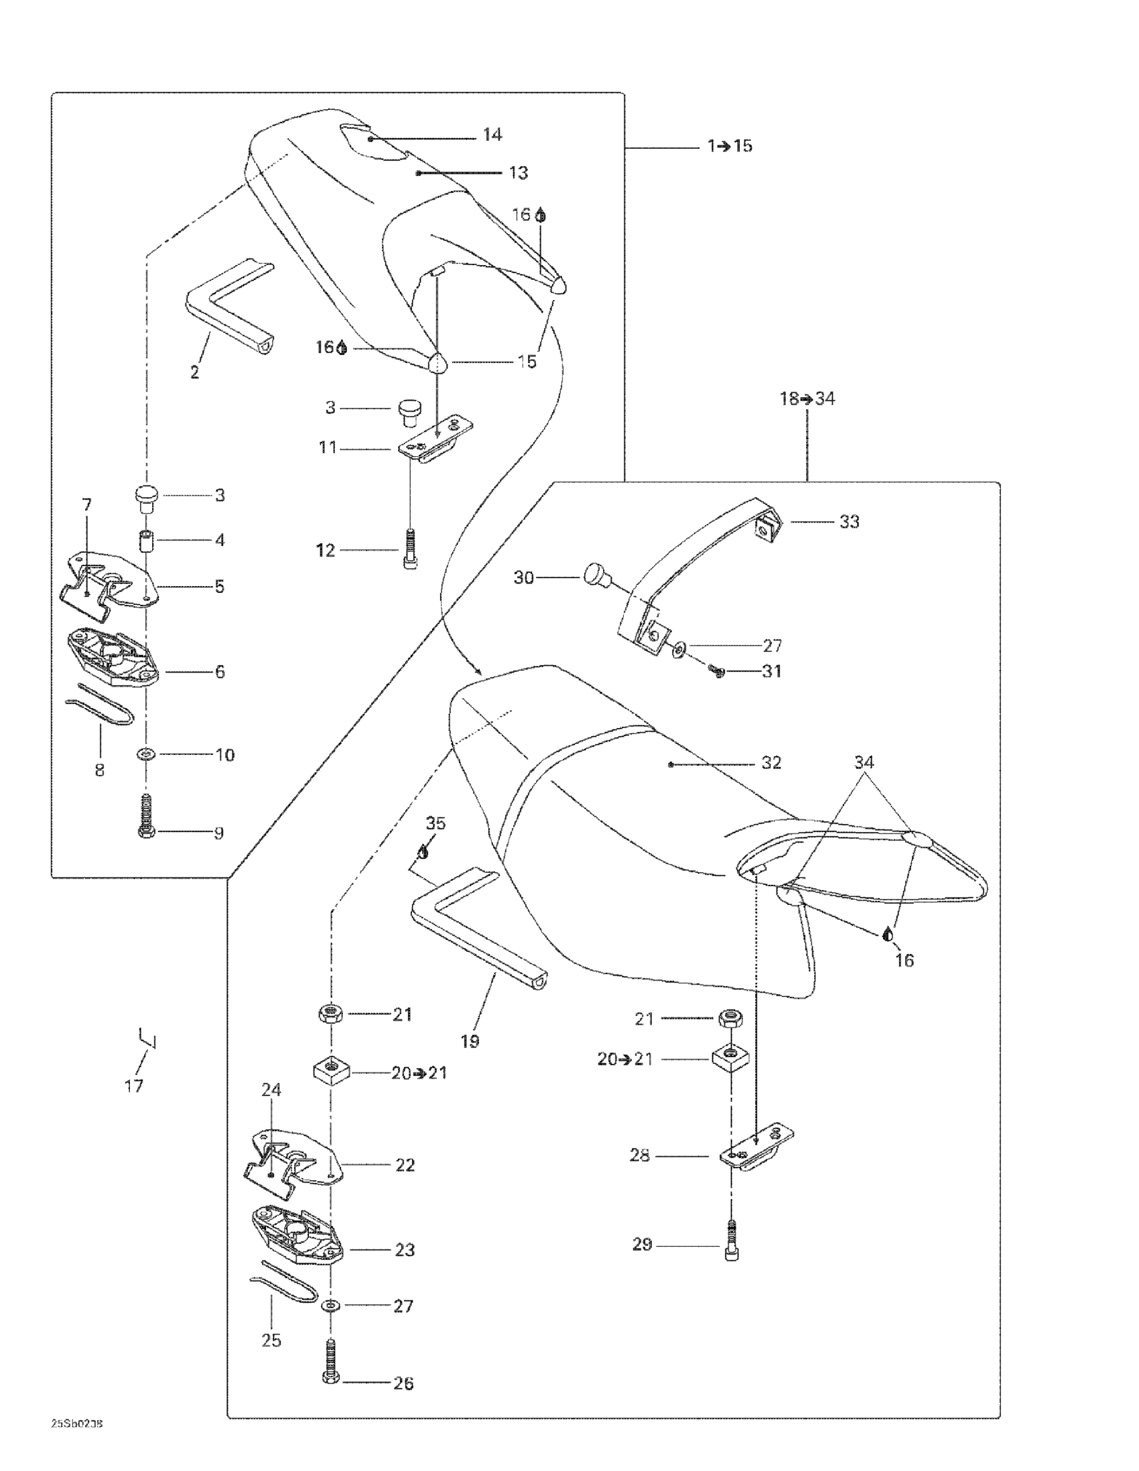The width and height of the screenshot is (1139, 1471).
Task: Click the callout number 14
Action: click(492, 135)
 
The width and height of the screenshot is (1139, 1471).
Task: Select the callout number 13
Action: click(518, 173)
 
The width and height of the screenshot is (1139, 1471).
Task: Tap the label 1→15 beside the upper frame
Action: click(730, 146)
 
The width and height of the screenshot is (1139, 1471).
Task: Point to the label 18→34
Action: click(807, 399)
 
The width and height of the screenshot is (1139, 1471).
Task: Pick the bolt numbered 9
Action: click(146, 817)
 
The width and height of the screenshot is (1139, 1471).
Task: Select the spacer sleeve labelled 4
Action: click(146, 540)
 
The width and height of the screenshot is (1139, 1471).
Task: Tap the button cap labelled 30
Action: click(595, 575)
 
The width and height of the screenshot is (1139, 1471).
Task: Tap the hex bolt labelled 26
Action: click(331, 1367)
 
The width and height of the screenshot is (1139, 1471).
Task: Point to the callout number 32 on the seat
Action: click(770, 762)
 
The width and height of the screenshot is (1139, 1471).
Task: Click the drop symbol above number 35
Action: click(423, 853)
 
